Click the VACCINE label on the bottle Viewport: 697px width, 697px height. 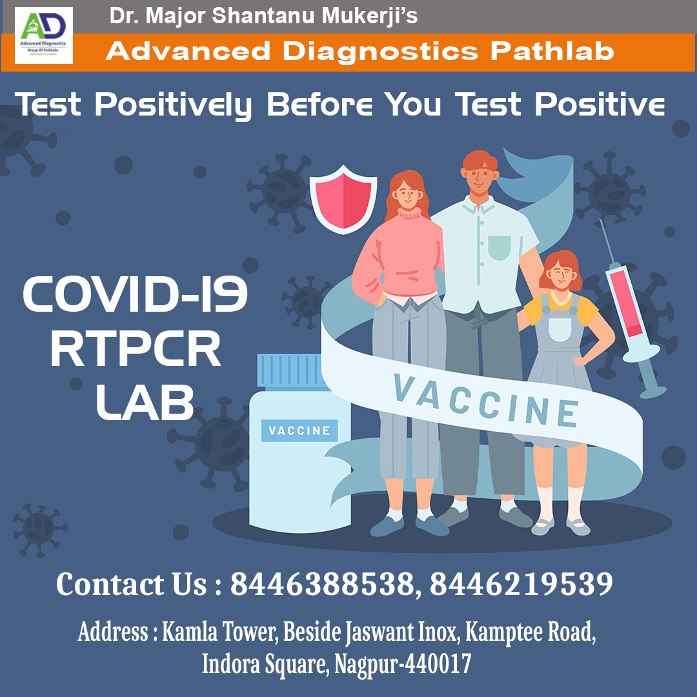tap(299, 430)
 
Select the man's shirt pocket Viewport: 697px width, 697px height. tap(499, 248)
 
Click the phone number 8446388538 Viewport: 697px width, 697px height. tap(321, 585)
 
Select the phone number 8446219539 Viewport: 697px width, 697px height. tap(521, 585)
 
